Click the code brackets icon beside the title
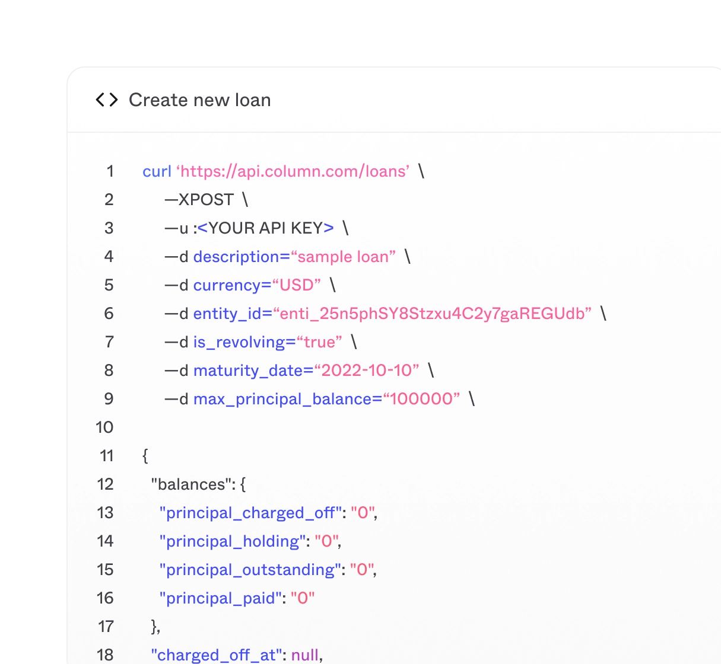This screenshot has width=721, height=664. pyautogui.click(x=107, y=100)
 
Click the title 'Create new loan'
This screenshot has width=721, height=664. pyautogui.click(x=199, y=100)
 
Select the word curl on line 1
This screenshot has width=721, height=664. pyautogui.click(x=157, y=171)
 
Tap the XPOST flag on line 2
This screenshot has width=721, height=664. pyautogui.click(x=205, y=200)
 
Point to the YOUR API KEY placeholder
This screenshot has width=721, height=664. pyautogui.click(x=265, y=228)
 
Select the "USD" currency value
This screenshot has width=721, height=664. pyautogui.click(x=296, y=285)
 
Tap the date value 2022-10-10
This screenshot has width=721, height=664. pyautogui.click(x=366, y=371)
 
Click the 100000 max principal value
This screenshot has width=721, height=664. pyautogui.click(x=421, y=399)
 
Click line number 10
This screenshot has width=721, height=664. pyautogui.click(x=104, y=427)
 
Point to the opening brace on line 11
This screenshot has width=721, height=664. pyautogui.click(x=145, y=456)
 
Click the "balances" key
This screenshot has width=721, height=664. pyautogui.click(x=188, y=484)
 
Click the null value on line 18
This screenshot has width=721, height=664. pyautogui.click(x=305, y=655)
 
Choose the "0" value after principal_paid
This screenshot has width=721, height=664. pyautogui.click(x=303, y=598)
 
